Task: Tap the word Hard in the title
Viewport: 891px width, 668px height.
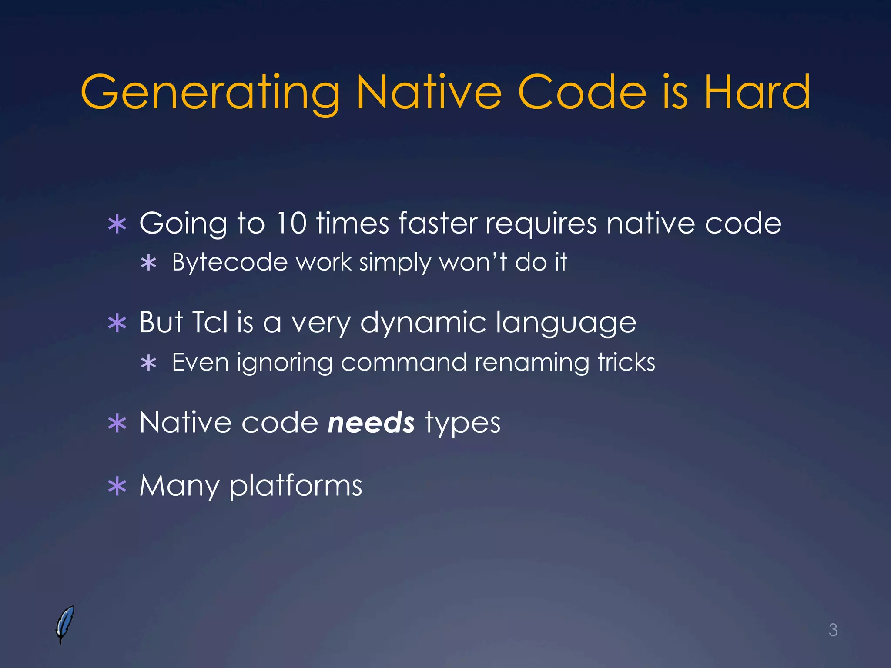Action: [757, 92]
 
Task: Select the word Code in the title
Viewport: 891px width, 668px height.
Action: [582, 92]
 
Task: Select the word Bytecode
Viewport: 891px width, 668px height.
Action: [230, 263]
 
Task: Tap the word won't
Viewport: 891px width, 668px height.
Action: [473, 262]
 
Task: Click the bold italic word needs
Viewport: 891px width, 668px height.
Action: [371, 423]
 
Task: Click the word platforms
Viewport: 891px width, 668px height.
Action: [295, 487]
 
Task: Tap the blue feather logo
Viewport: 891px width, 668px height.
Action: [65, 624]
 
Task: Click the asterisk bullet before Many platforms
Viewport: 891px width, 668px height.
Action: [117, 487]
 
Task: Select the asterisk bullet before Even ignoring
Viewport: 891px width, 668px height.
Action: [149, 363]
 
